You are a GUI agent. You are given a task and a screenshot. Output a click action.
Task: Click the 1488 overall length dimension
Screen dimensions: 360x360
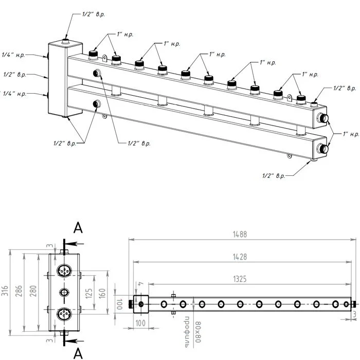(x=240, y=234)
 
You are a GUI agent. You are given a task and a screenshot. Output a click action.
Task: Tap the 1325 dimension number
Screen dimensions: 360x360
(x=240, y=279)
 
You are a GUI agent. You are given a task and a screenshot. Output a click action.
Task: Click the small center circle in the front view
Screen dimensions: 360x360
(x=64, y=292)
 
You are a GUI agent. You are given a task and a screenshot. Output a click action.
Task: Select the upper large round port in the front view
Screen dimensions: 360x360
(x=64, y=271)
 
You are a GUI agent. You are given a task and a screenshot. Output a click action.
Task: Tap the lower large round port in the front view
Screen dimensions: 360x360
(x=64, y=314)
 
